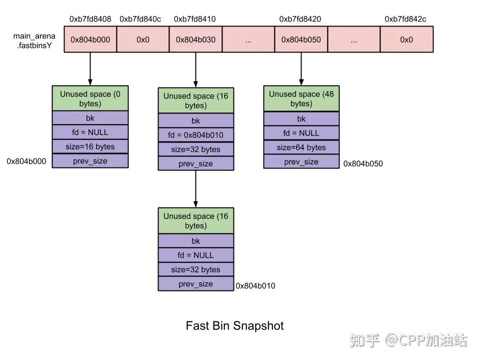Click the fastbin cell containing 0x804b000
click(90, 39)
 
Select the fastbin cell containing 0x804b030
click(195, 39)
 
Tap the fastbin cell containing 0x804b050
click(301, 39)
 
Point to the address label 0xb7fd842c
click(405, 19)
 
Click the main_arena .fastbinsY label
click(34, 40)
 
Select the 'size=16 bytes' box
click(90, 146)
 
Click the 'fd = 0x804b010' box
click(195, 135)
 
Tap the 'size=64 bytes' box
click(301, 147)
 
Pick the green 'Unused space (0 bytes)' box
click(90, 98)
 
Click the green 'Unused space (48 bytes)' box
click(301, 98)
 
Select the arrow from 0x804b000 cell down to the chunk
click(90, 68)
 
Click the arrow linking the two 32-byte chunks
click(195, 188)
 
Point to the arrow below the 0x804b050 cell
click(301, 68)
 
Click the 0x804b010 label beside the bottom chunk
click(255, 286)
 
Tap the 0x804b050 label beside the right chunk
click(363, 163)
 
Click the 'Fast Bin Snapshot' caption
click(234, 326)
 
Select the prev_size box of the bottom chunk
click(195, 284)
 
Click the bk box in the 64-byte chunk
click(301, 118)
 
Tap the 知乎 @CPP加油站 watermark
click(408, 341)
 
